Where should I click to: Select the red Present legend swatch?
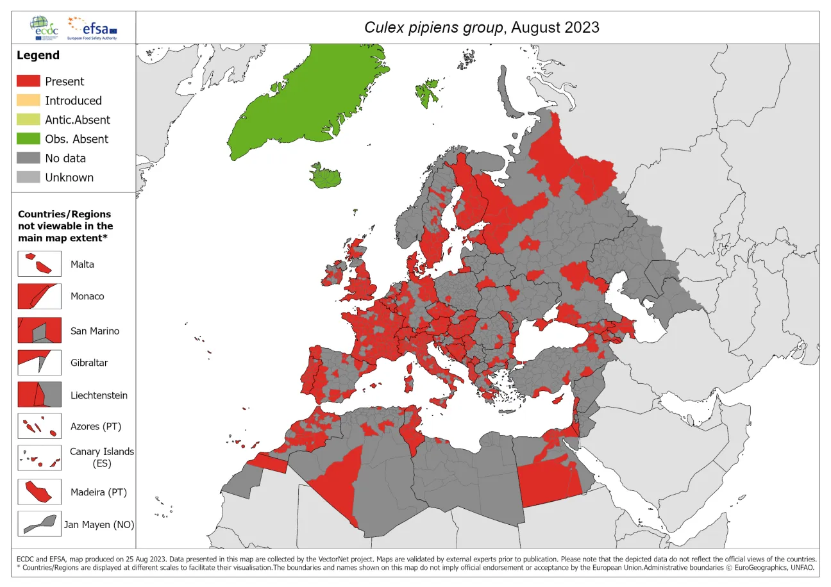click(x=28, y=81)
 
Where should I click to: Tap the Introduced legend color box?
click(x=28, y=101)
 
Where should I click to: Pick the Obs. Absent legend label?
click(x=76, y=139)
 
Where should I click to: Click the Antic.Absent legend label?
click(x=77, y=120)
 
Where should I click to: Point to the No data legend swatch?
click(x=28, y=158)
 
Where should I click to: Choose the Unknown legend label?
click(x=69, y=178)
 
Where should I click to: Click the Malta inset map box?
click(x=39, y=263)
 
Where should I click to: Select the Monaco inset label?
click(x=87, y=296)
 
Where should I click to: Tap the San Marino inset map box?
click(x=39, y=331)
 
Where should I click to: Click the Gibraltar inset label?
click(x=89, y=363)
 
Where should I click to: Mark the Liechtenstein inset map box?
click(x=39, y=395)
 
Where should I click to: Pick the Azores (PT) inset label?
click(x=96, y=426)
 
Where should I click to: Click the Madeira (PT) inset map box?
click(x=39, y=492)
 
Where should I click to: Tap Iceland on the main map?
click(x=326, y=177)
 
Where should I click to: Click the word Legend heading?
click(x=38, y=56)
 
